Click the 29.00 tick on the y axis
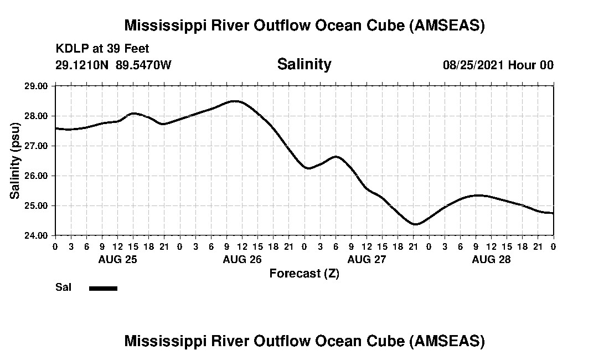pos(37,86)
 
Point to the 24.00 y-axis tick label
pos(37,235)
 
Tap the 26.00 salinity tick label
pos(37,176)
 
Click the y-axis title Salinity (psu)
pos(16,161)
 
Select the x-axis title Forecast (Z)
pos(304,273)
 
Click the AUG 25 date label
pos(117,259)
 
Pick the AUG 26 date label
pos(242,259)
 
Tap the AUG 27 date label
pos(367,259)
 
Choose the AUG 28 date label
pos(491,259)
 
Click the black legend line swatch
pos(103,288)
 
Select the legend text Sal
pos(63,287)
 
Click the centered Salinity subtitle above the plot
pos(304,64)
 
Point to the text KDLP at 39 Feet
pos(102,49)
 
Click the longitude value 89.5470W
pos(144,65)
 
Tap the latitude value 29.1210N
pos(83,65)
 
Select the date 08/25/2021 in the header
pos(473,65)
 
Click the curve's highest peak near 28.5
pos(235,101)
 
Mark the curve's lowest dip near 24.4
pos(415,224)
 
